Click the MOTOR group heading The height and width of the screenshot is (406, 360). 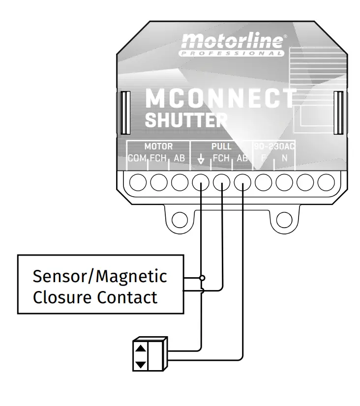point(158,146)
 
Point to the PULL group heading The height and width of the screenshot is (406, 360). point(221,146)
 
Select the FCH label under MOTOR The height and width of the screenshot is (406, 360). point(158,158)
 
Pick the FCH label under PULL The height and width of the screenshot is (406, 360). point(221,158)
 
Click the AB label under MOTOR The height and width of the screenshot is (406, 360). point(179,158)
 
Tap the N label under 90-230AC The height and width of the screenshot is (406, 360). point(284,158)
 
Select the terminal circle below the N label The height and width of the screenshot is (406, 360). point(284,183)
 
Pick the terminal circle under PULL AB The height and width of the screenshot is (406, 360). point(242,183)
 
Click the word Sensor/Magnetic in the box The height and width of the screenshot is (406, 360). point(100,276)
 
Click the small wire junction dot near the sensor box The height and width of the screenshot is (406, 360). point(202,278)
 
